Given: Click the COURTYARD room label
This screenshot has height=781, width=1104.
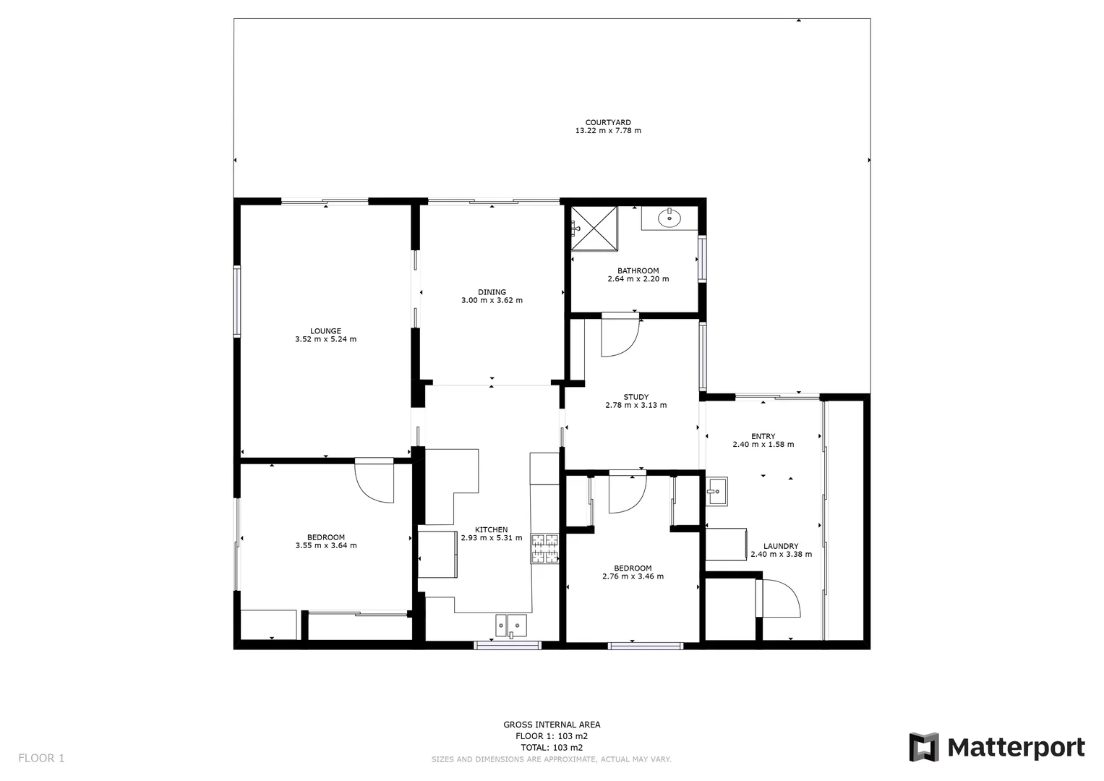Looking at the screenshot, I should [607, 123].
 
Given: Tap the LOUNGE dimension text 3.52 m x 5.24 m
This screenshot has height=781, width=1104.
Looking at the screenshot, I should [325, 339].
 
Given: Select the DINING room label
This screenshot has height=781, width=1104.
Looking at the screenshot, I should [492, 292].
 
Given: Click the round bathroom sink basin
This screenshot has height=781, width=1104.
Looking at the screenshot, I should [669, 216].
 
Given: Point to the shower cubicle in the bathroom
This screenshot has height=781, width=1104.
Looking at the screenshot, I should [595, 229].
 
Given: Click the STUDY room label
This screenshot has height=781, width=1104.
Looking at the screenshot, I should [636, 397].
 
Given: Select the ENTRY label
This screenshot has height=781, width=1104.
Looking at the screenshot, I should [763, 436].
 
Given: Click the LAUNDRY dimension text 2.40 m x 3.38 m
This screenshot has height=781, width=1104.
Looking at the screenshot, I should [781, 555].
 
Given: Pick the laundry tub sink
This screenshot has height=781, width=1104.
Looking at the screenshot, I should [716, 492].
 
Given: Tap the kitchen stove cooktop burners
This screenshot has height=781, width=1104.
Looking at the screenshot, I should [545, 548].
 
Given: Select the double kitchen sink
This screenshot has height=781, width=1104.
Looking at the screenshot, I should [510, 625].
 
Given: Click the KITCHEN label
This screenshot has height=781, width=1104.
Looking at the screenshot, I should [491, 529].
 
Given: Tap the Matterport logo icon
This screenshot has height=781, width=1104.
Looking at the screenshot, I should [923, 747].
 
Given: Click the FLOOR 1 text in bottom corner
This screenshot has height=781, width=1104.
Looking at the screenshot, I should [41, 758].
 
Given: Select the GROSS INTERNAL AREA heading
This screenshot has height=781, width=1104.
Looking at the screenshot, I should [552, 725].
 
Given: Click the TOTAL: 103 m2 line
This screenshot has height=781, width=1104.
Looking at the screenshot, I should [552, 748].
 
